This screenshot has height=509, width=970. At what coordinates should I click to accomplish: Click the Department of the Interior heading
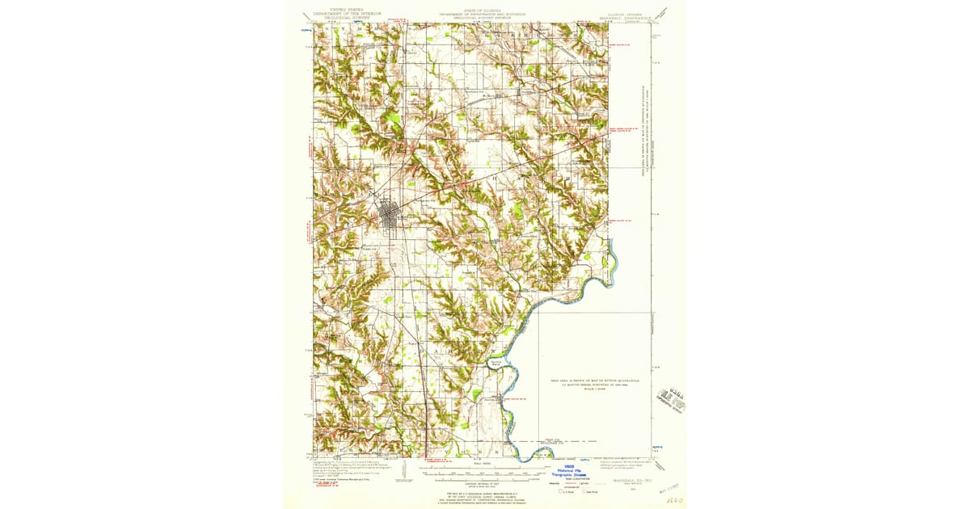[348, 14]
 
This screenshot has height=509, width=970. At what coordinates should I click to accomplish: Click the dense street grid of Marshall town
[391, 216]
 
